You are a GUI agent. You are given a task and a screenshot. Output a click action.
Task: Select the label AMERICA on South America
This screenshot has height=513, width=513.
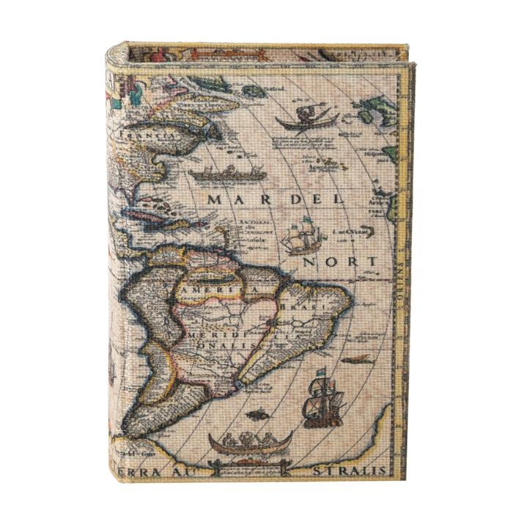pyautogui.click(x=219, y=292)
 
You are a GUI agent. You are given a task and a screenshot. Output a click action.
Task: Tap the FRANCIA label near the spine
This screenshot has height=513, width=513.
pyautogui.click(x=147, y=136)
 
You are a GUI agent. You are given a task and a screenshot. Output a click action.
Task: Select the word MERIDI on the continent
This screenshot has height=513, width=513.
pyautogui.click(x=213, y=333)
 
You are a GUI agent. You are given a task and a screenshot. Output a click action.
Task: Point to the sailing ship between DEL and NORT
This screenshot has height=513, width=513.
pyautogui.click(x=303, y=237)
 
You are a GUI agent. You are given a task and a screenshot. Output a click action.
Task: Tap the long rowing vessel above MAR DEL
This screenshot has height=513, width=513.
pyautogui.click(x=226, y=173)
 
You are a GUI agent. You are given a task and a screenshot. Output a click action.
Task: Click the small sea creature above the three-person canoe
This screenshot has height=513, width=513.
pyautogui.click(x=256, y=415)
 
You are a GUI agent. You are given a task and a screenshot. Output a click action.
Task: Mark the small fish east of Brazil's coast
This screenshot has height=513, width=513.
pyautogui.click(x=357, y=359)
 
